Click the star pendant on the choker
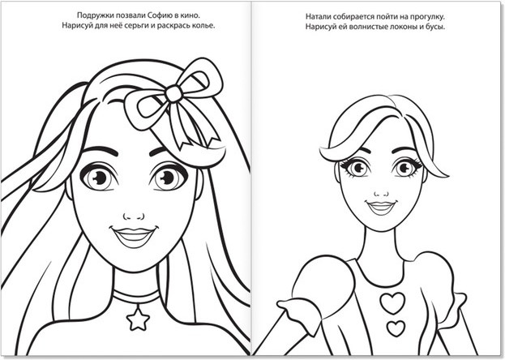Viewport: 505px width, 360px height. (x=138, y=319)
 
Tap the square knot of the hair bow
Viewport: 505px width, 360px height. (x=174, y=93)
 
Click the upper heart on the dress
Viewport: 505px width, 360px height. (x=392, y=303)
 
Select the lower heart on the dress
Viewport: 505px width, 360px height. (x=396, y=328)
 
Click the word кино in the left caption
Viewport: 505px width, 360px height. (x=190, y=15)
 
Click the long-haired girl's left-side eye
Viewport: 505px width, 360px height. (x=99, y=177)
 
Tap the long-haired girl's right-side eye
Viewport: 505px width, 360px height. (x=169, y=178)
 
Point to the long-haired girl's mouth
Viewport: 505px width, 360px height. (x=134, y=237)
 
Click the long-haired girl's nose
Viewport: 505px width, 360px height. (x=133, y=216)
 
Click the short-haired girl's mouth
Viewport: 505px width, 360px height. (x=381, y=207)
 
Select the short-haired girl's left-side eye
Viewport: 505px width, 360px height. (x=356, y=168)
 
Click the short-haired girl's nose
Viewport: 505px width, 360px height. (x=381, y=193)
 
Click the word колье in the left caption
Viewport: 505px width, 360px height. (x=203, y=26)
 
